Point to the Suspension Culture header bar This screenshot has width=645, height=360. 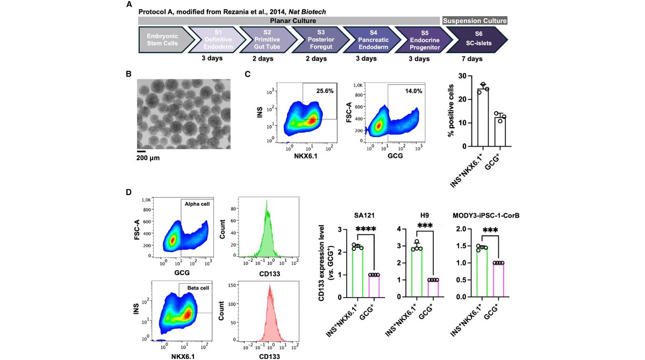[x=474, y=20]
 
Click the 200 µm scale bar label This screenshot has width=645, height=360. [x=148, y=159]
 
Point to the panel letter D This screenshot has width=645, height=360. [x=129, y=192]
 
